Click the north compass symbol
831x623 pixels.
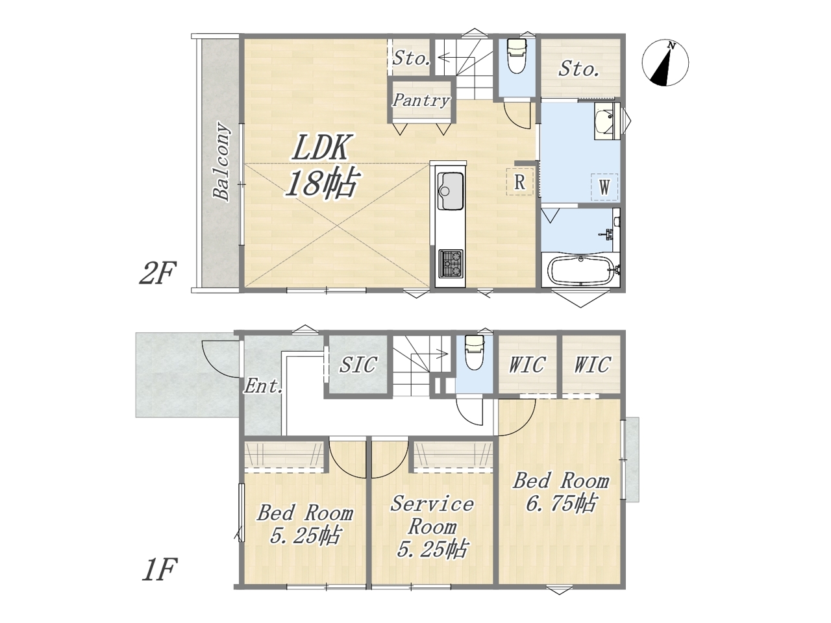tap(665, 63)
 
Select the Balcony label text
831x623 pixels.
tap(222, 161)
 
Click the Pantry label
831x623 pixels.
tap(421, 100)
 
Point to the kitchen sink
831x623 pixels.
tap(450, 191)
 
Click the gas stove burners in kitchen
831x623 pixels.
tap(451, 263)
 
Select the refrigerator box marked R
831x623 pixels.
tap(520, 182)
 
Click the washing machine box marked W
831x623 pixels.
tap(604, 187)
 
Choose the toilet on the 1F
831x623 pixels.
tap(474, 352)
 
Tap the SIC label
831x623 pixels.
tap(358, 365)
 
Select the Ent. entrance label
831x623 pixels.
tap(264, 386)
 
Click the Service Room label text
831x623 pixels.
tap(432, 515)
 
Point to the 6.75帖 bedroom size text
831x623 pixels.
tap(561, 503)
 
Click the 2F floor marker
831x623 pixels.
tap(158, 273)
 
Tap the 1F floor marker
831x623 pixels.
tap(160, 569)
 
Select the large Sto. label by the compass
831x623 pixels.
tap(579, 69)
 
